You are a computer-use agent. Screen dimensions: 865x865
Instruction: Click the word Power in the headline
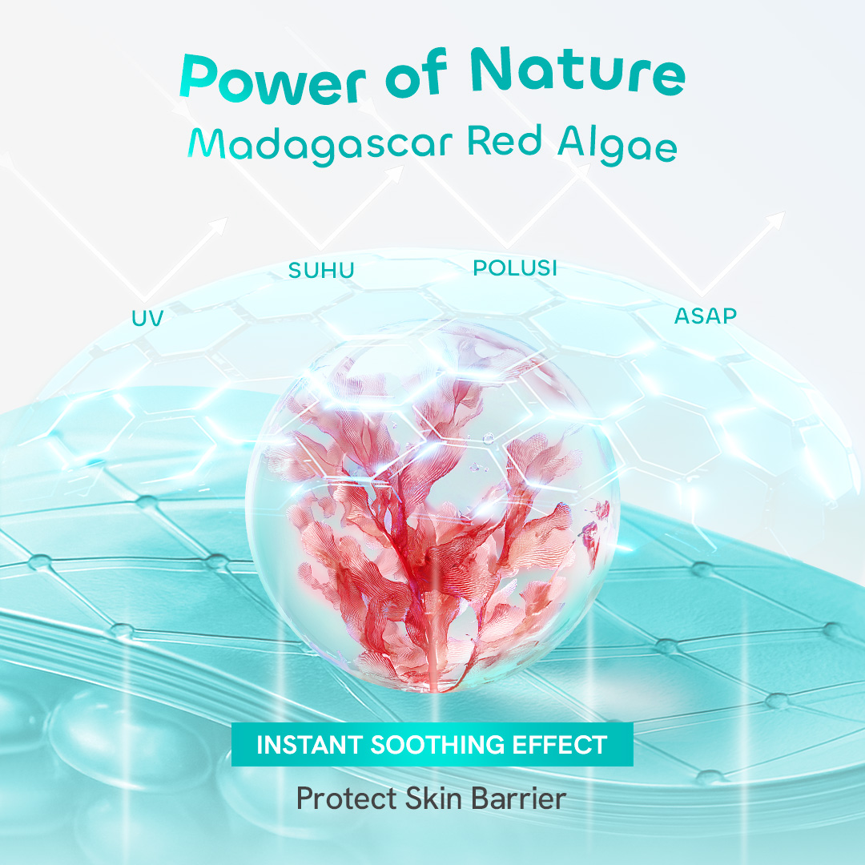(272, 80)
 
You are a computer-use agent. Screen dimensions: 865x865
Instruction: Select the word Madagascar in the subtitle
(320, 145)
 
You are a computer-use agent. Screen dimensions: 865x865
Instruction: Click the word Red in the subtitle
(505, 140)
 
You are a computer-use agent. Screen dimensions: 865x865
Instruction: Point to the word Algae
(617, 144)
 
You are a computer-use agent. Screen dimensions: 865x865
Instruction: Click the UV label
(147, 318)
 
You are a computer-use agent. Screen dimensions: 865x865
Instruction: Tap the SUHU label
(321, 271)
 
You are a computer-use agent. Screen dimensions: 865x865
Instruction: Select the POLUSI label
(515, 268)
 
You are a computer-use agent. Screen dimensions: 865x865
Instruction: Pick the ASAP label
(706, 316)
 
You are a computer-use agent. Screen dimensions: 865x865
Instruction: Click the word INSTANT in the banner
(309, 745)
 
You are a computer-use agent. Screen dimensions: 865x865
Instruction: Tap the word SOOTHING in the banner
(437, 745)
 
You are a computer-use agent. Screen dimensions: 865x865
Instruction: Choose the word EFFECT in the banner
(560, 745)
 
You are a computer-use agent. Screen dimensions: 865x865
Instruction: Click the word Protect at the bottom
(347, 799)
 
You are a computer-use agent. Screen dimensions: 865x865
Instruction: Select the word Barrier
(518, 799)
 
